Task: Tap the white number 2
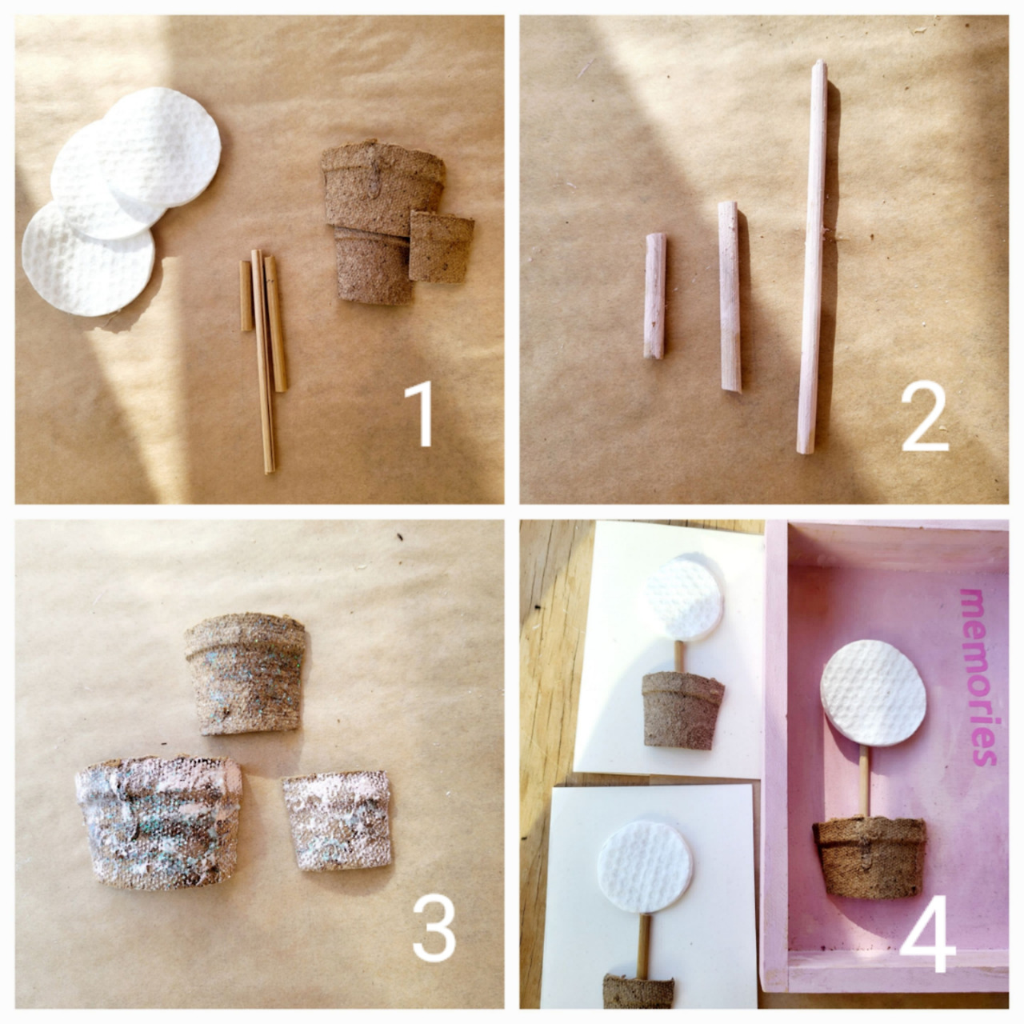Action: [925, 422]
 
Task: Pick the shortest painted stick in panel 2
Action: [654, 296]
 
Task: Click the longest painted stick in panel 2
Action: [812, 257]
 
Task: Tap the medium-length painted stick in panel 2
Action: [730, 297]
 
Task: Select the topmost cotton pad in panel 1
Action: [161, 146]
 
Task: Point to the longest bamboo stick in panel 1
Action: [263, 362]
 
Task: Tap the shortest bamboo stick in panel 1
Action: [246, 296]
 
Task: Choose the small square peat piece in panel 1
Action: [441, 246]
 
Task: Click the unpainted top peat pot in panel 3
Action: [246, 674]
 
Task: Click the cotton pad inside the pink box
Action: [873, 694]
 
